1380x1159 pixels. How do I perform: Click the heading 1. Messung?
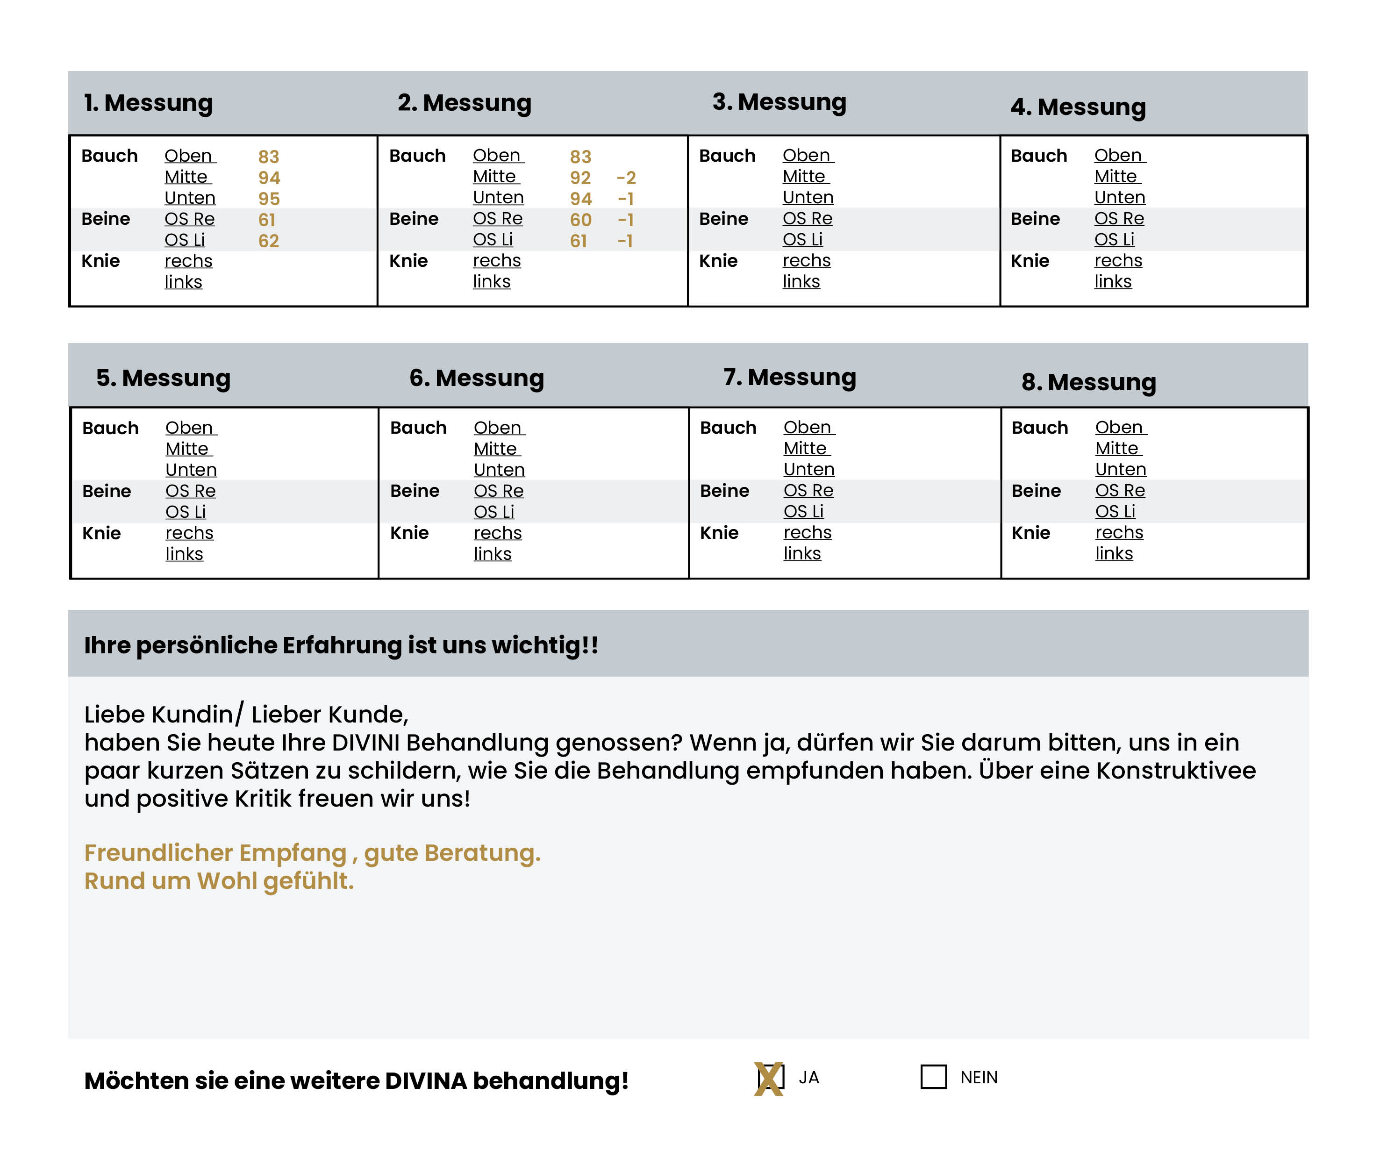click(x=149, y=103)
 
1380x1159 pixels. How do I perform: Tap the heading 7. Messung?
click(x=789, y=377)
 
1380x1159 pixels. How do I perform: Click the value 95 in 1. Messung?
click(x=269, y=199)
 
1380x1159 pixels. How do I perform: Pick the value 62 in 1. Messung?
click(x=268, y=241)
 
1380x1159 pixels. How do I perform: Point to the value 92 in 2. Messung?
click(x=580, y=178)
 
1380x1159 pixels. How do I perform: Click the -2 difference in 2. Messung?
click(x=626, y=178)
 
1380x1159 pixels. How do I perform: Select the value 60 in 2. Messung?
click(x=580, y=220)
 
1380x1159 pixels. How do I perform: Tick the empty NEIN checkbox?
click(x=933, y=1077)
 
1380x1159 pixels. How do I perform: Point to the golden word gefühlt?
click(x=308, y=881)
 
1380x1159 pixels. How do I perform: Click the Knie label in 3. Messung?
click(x=718, y=261)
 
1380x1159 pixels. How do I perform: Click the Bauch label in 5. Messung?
click(x=110, y=429)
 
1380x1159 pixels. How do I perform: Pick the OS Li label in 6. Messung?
click(x=493, y=512)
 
